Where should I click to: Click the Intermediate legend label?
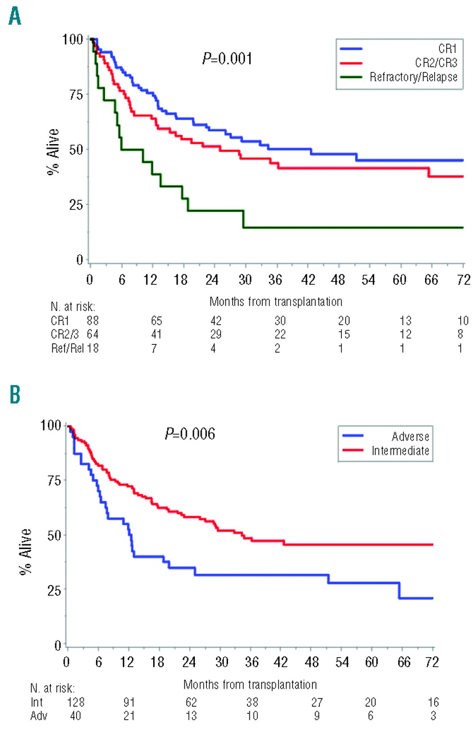point(402,451)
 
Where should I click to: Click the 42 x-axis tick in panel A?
point(307,281)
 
